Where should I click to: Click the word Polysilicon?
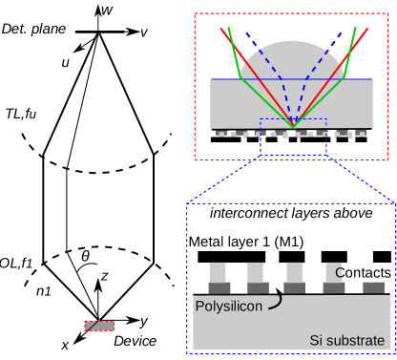[230, 307]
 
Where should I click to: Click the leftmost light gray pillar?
[218, 272]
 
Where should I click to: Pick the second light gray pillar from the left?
[256, 272]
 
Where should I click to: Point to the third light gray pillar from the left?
[295, 272]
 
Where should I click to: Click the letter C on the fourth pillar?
[339, 273]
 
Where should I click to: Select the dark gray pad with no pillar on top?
[373, 287]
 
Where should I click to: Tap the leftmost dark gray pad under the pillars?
[219, 287]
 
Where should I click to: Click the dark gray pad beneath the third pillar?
[295, 287]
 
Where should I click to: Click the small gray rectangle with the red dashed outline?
[99, 326]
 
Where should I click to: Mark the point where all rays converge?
[293, 126]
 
